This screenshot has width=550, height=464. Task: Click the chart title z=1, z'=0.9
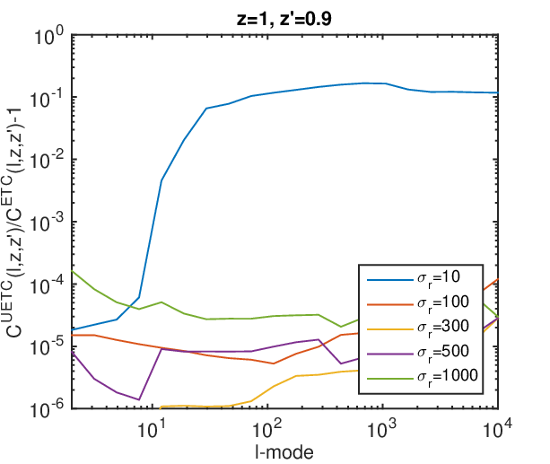[x=284, y=19]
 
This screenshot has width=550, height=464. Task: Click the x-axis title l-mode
[x=284, y=452]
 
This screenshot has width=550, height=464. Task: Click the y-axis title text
[x=14, y=223]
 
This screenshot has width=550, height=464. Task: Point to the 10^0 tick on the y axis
[x=49, y=36]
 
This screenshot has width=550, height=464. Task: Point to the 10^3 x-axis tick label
[x=382, y=429]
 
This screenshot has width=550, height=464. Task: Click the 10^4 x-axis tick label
[x=497, y=429]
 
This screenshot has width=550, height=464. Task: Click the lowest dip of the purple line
[x=139, y=399]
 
